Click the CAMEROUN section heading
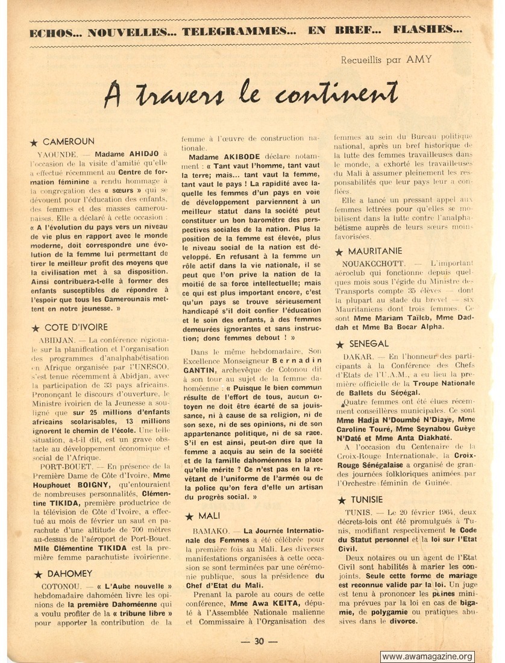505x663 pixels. (x=69, y=142)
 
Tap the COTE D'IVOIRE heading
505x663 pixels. (x=75, y=327)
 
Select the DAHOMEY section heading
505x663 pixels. (x=67, y=573)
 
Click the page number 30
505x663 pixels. (x=259, y=641)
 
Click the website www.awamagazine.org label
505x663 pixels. (x=427, y=656)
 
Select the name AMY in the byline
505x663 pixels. (x=419, y=59)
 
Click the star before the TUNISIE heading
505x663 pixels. (x=340, y=500)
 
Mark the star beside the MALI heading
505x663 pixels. (x=189, y=517)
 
